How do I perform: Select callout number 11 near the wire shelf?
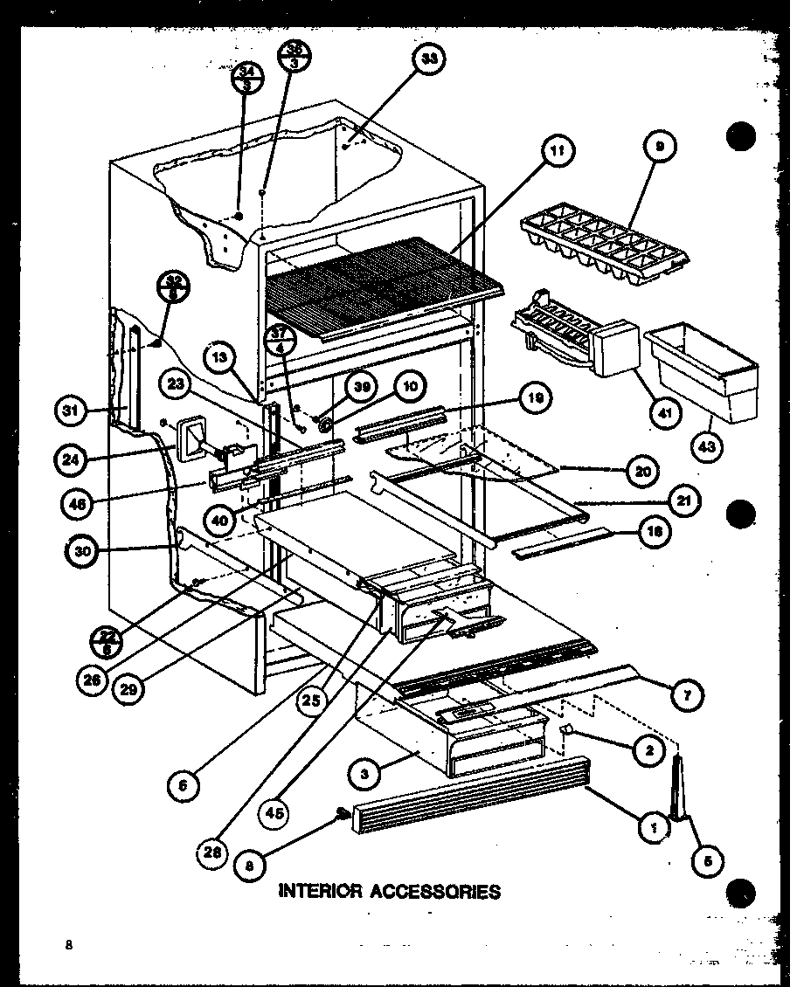click(558, 151)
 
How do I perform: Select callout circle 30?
click(80, 550)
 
